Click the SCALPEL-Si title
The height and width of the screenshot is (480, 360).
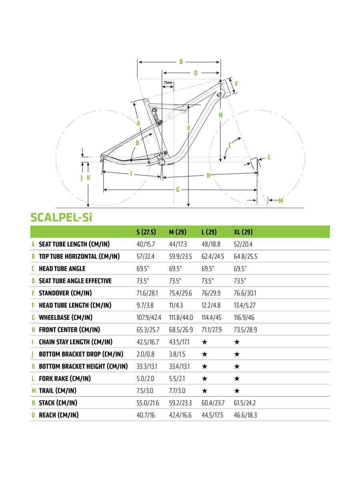62,217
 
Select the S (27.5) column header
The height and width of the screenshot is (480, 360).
146,232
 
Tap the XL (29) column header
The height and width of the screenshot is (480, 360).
243,232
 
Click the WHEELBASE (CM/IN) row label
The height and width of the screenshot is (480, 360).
66,318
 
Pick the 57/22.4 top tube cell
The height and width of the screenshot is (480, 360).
146,256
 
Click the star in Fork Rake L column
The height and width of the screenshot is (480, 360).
204,379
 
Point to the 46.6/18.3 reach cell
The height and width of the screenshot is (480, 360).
245,415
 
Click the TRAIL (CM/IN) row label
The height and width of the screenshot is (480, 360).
58,391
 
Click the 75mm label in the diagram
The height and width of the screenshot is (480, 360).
168,83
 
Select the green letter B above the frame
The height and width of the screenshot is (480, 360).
181,62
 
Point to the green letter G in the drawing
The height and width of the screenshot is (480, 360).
178,190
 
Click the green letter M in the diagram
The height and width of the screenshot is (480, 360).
280,201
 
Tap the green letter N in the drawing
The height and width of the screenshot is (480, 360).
220,115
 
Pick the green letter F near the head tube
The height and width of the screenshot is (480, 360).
236,84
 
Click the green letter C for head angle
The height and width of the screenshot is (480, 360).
230,145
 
